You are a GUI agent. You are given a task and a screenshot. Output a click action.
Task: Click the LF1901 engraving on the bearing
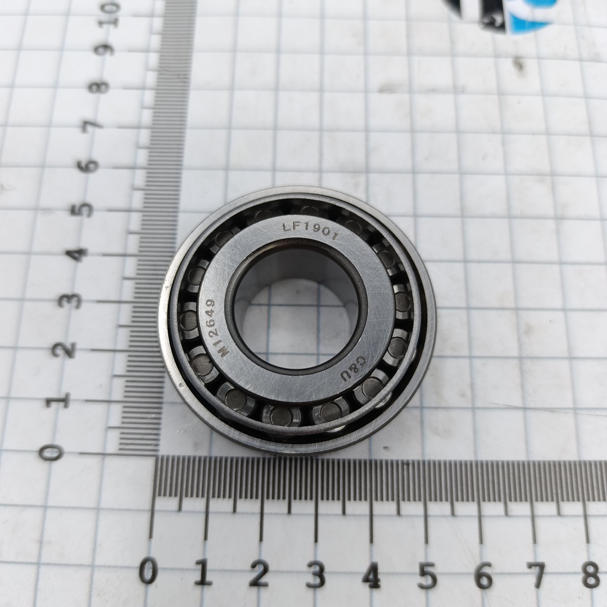click(311, 230)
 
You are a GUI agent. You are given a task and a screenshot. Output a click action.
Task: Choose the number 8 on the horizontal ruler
click(591, 576)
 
